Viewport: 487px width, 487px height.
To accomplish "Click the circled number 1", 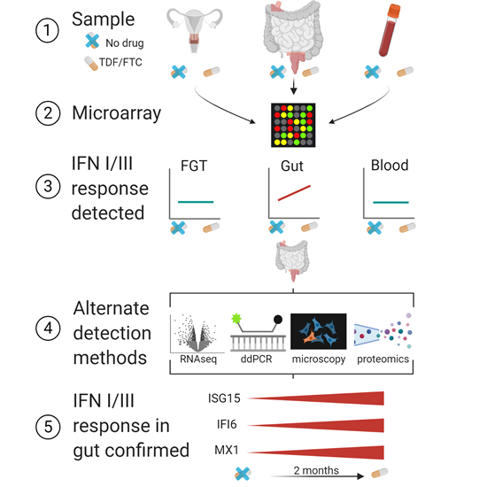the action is (47, 30).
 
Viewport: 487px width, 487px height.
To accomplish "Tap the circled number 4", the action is (48, 329).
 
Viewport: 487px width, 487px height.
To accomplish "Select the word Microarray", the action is (117, 113).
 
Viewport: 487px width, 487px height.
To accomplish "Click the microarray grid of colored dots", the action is (293, 125).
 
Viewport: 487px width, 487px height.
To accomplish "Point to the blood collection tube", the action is (390, 30).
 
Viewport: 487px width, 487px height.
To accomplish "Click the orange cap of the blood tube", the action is (394, 11).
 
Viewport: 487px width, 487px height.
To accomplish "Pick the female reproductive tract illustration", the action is (195, 30).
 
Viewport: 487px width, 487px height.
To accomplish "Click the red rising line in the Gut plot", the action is (294, 193).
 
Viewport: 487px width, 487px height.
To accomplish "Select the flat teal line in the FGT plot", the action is (196, 202).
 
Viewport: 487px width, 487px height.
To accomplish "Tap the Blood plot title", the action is (390, 166).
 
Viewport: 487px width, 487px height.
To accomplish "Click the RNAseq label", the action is (198, 359).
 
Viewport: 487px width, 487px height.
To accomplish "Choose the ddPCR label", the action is (256, 359).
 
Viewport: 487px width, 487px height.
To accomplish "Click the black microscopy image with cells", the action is (319, 331).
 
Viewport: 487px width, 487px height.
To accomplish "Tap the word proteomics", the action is (383, 359).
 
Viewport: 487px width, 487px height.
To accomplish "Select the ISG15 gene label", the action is (224, 398).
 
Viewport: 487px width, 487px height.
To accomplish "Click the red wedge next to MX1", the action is (316, 452).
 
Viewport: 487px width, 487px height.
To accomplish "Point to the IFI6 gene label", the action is (227, 424).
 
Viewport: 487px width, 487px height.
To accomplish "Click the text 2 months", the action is (316, 470).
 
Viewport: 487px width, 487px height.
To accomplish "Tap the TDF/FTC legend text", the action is (120, 63).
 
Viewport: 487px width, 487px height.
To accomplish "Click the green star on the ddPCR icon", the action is (236, 319).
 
